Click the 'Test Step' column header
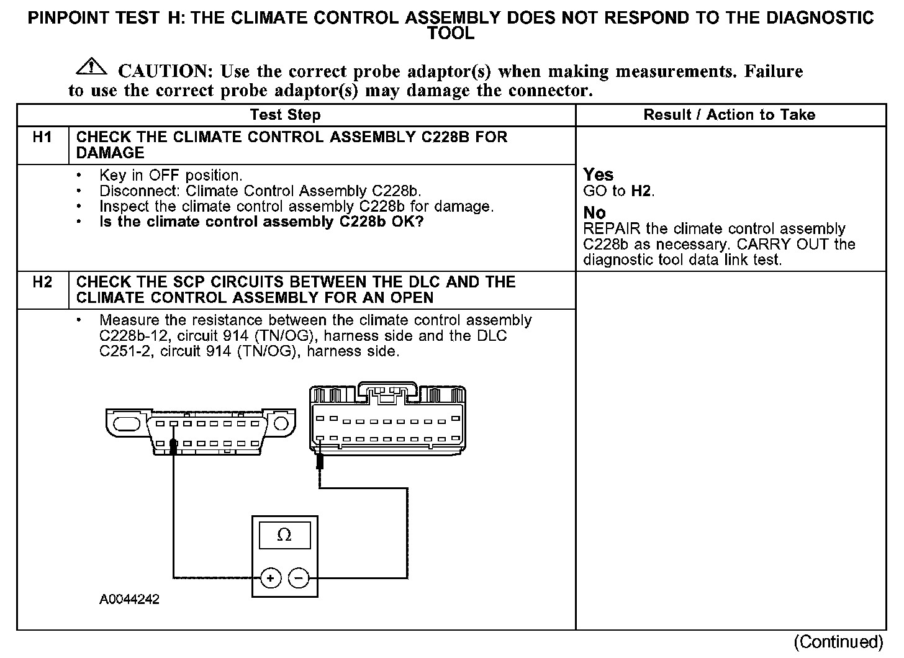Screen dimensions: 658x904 point(285,115)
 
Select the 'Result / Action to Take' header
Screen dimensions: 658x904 point(729,115)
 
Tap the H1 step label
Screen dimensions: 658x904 point(42,137)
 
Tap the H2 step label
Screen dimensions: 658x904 point(42,282)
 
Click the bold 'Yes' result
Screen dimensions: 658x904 point(598,175)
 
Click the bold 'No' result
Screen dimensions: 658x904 point(594,213)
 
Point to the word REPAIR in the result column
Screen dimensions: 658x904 point(612,229)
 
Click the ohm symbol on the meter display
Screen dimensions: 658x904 point(284,535)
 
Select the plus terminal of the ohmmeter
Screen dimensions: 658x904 point(270,579)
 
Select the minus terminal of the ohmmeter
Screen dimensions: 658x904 point(299,579)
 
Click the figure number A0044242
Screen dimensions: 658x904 point(129,600)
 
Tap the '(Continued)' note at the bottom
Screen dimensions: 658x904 point(838,641)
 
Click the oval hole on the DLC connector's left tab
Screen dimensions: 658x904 point(127,423)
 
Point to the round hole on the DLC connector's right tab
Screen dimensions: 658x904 point(281,423)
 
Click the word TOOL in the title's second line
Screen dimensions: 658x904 point(451,34)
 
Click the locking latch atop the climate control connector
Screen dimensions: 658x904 point(387,393)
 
